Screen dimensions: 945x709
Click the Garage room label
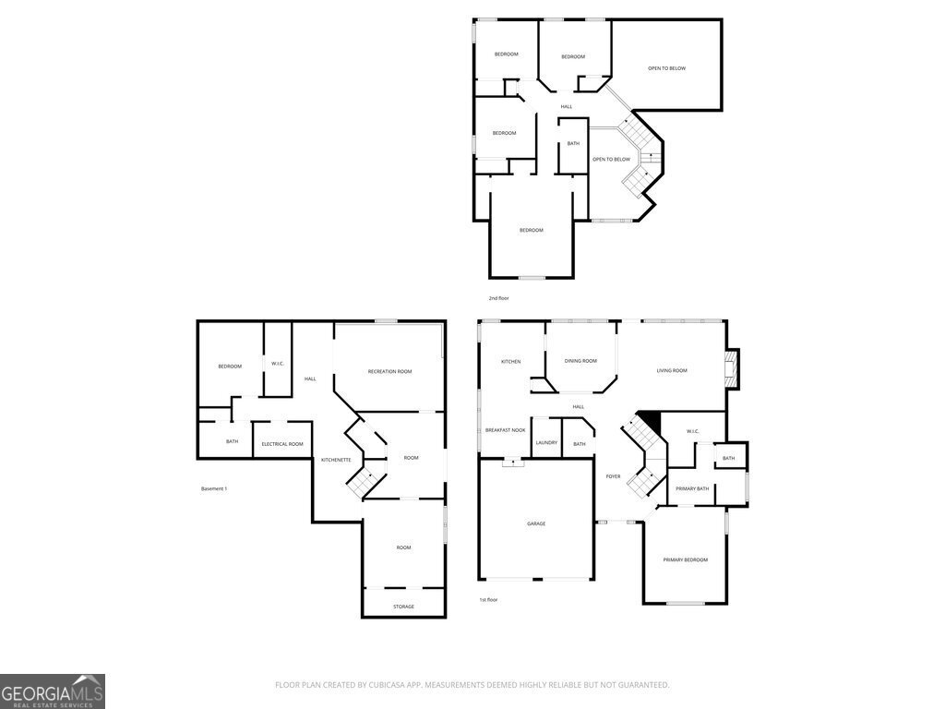536,523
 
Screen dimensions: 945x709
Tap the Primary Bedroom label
686,559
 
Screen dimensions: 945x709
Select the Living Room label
672,370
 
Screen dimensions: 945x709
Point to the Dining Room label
580,361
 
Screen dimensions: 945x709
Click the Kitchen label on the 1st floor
510,361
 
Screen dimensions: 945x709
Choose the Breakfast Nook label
505,430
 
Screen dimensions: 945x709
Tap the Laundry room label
546,442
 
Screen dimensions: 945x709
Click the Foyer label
613,476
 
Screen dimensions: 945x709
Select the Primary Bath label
692,488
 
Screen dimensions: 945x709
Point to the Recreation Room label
390,371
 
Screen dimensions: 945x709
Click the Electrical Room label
282,444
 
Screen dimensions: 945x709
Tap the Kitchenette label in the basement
336,460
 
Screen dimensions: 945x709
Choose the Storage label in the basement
403,607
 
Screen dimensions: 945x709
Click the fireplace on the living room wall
732,369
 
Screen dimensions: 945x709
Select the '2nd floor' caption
498,298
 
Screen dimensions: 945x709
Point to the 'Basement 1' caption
214,488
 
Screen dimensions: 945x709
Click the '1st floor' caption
488,599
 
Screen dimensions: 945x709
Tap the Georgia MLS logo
53,691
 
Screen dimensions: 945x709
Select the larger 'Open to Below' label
666,68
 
